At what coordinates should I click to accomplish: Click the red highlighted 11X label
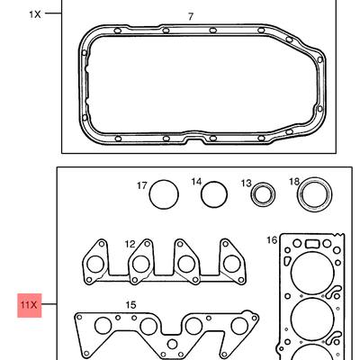pyautogui.click(x=29, y=305)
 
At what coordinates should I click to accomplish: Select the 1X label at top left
pyautogui.click(x=35, y=14)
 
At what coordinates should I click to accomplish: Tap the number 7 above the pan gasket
pyautogui.click(x=191, y=16)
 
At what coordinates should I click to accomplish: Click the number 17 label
pyautogui.click(x=142, y=186)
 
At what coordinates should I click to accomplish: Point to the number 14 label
pyautogui.click(x=197, y=182)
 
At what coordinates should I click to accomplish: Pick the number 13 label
pyautogui.click(x=247, y=184)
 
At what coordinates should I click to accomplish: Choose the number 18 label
pyautogui.click(x=294, y=181)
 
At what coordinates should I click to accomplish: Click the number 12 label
pyautogui.click(x=130, y=244)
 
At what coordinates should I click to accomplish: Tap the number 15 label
pyautogui.click(x=130, y=305)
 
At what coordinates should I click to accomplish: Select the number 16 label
pyautogui.click(x=272, y=240)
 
